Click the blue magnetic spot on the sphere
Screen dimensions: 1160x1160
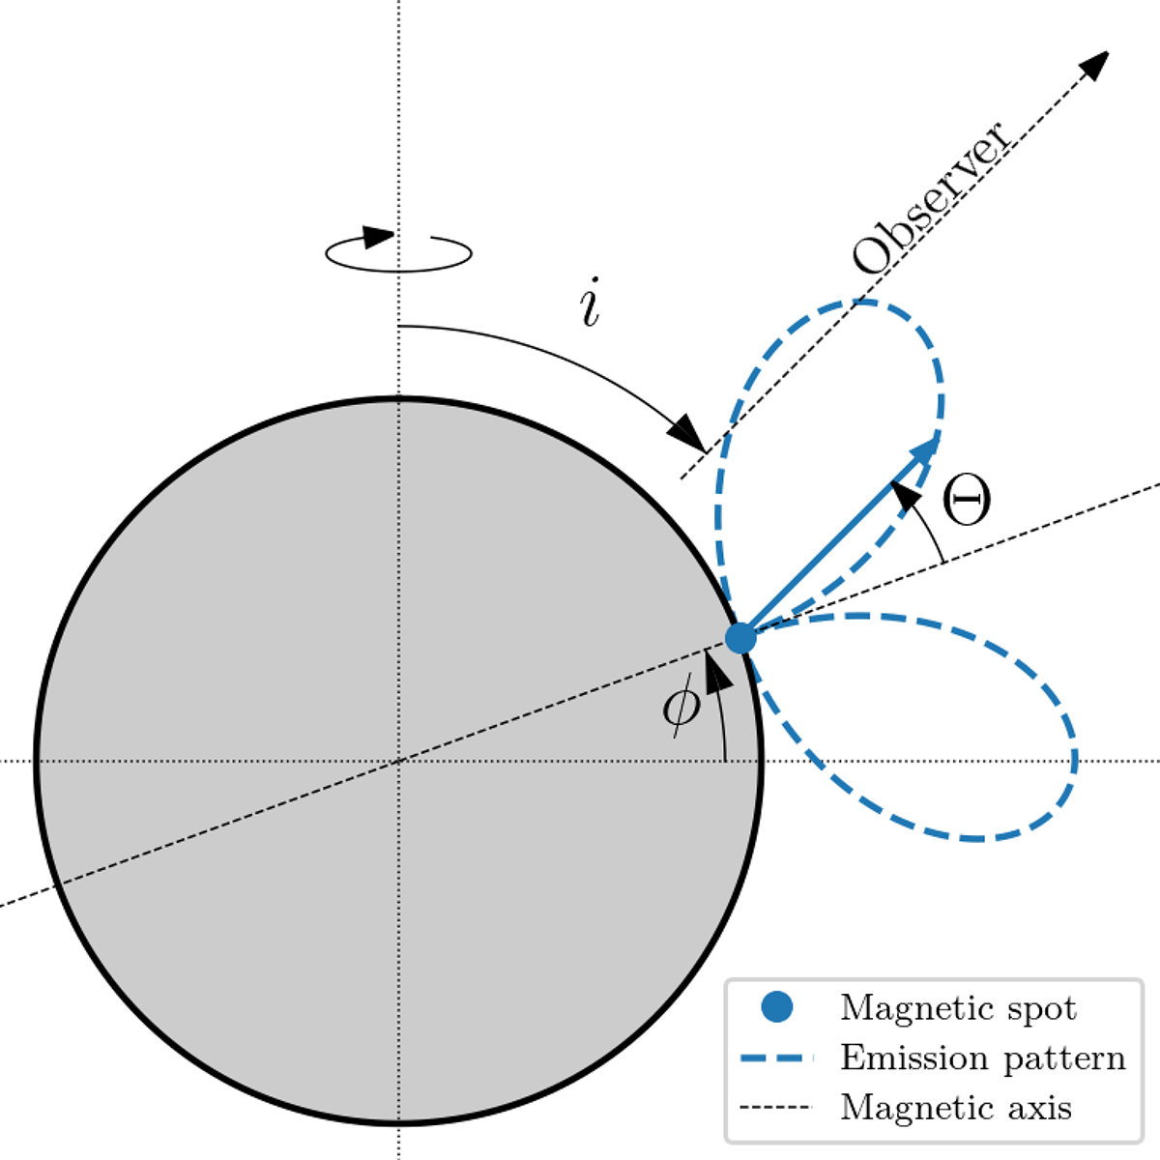(740, 638)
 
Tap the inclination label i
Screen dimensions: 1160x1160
(590, 303)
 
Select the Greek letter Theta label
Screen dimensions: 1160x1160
(966, 499)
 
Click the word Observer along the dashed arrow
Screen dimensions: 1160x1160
(930, 199)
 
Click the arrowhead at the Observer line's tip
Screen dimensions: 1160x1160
(1094, 65)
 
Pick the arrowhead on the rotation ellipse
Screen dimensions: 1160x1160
(379, 236)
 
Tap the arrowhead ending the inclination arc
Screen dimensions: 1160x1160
(687, 432)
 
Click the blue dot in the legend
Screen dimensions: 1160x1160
(776, 1006)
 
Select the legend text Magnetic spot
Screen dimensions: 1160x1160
(958, 1007)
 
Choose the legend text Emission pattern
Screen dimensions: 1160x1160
(983, 1058)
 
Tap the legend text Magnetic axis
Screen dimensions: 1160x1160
(956, 1107)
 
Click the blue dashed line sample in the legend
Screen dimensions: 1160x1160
(776, 1058)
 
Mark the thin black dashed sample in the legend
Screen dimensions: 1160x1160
(776, 1107)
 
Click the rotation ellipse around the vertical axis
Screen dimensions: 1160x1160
(398, 253)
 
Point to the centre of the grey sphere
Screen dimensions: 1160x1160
(398, 762)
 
